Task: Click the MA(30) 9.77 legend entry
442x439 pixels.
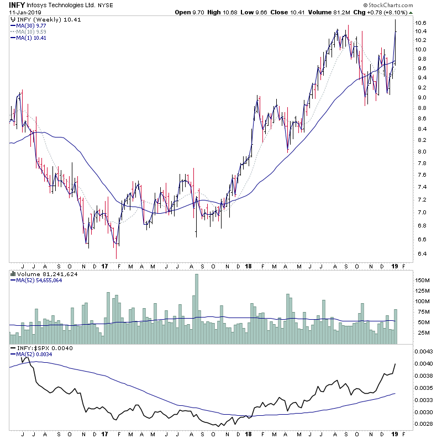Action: pyautogui.click(x=31, y=25)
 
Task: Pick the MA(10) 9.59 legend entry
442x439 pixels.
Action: pyautogui.click(x=31, y=31)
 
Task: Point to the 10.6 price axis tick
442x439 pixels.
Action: pyautogui.click(x=422, y=23)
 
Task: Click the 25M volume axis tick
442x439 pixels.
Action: pyautogui.click(x=423, y=333)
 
